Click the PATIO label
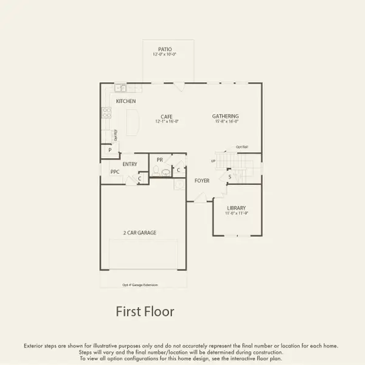[x=164, y=49]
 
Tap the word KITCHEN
[x=126, y=101]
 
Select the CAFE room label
[x=167, y=116]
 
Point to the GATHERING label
[x=225, y=116]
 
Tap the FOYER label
[x=202, y=181]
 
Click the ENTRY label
[x=130, y=164]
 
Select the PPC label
[x=115, y=172]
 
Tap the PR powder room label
[x=159, y=160]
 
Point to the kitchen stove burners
[x=106, y=112]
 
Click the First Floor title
[x=145, y=312]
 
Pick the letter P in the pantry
[x=110, y=150]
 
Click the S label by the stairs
[x=229, y=178]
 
